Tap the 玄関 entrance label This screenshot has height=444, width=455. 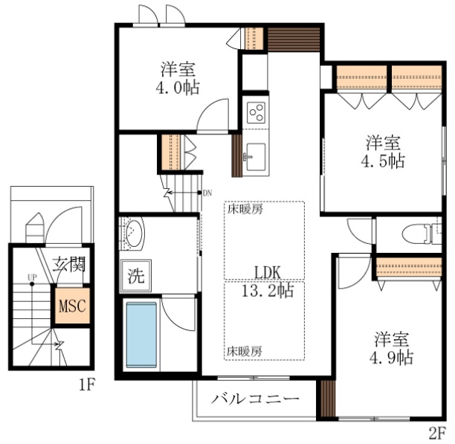pos(70,265)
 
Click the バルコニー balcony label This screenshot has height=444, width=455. pos(255,399)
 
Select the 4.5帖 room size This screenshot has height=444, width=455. pos(384,160)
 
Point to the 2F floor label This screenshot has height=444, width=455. pos(437,432)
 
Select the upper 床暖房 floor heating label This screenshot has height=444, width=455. pos(245,208)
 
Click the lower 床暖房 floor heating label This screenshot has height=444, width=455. pos(245,350)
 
